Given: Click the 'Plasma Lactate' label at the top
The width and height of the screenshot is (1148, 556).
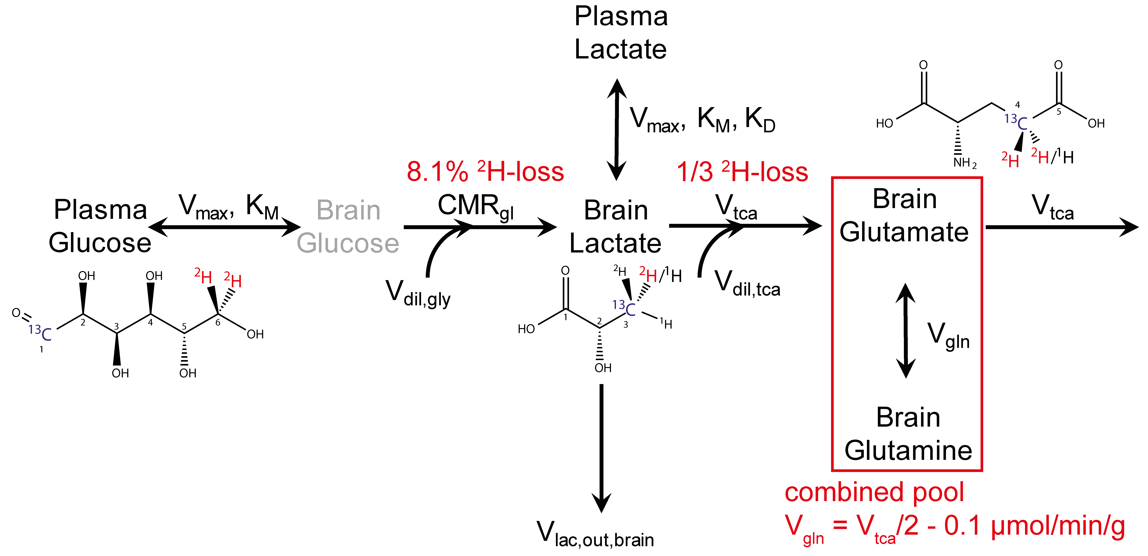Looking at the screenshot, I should coord(621,33).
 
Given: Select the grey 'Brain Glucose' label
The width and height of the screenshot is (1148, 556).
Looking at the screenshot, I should coord(348,226).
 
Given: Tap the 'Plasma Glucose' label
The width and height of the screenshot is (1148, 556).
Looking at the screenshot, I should coord(100,226).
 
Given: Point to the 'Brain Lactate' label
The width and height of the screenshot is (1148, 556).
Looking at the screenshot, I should coord(615,226).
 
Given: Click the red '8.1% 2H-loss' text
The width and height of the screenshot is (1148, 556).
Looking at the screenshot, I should coord(485,171).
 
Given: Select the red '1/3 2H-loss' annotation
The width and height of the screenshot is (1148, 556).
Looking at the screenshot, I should coord(742,171).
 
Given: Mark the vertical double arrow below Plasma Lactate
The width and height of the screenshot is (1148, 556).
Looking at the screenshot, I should coord(617,129).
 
